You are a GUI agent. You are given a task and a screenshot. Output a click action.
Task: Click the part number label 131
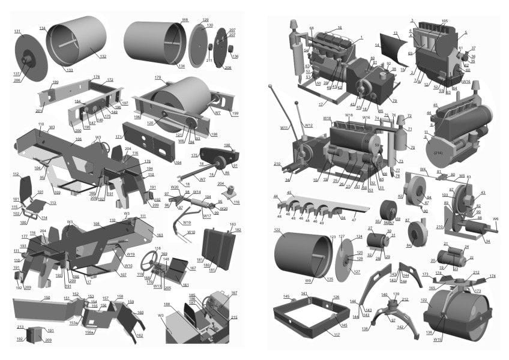[17, 31]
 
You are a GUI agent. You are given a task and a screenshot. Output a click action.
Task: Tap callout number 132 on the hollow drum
[103, 56]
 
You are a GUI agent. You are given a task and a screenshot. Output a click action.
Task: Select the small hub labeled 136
[235, 56]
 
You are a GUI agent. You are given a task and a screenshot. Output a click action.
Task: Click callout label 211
[209, 61]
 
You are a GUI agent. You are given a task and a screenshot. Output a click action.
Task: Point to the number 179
[158, 77]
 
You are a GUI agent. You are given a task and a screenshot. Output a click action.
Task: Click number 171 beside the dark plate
[118, 137]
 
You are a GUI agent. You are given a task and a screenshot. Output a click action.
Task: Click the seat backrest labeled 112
[16, 174]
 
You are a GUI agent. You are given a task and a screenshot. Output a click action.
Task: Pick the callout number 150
[46, 297]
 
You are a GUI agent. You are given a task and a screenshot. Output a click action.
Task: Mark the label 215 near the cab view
[233, 317]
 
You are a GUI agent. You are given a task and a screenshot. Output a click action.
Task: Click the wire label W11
[285, 127]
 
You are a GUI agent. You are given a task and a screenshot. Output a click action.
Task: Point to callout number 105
[444, 21]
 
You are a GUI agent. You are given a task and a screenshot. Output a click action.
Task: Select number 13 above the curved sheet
[396, 34]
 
